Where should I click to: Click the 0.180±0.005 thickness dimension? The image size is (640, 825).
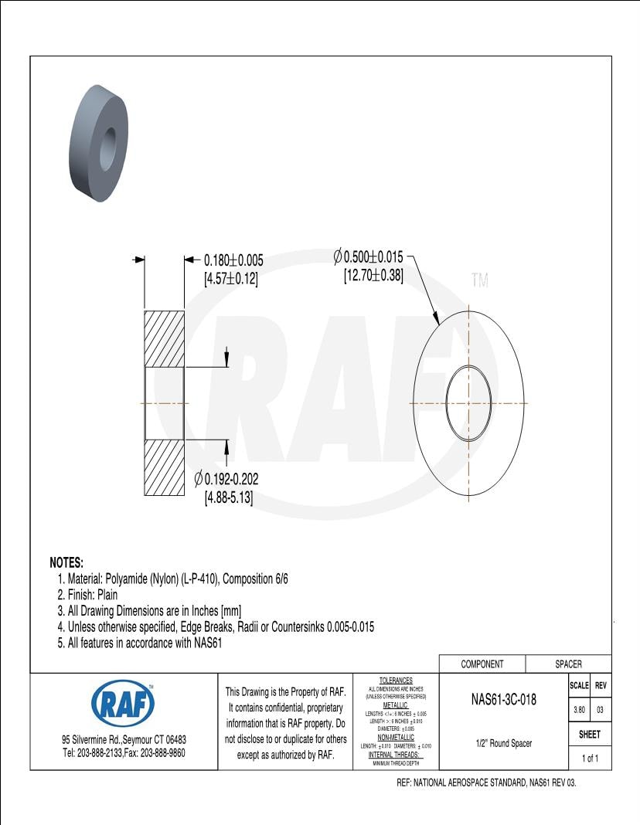point(233,261)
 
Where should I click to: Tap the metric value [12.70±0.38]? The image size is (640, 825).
point(373,275)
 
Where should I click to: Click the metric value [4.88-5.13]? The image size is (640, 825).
point(229,499)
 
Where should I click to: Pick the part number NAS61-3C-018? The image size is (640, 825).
point(503,701)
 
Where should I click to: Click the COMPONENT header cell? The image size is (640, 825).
point(482,664)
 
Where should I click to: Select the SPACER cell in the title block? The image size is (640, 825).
point(568,664)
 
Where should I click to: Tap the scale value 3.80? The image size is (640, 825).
point(578,709)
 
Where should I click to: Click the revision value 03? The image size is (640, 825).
point(601,709)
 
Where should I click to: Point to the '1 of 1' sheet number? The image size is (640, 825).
point(590,759)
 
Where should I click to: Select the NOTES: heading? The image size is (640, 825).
point(66,562)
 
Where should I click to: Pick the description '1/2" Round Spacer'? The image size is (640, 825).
point(503,744)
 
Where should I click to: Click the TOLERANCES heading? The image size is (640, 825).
point(396,681)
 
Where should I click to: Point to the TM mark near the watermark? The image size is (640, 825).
point(480,281)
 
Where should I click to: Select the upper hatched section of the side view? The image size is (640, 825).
point(164,338)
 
